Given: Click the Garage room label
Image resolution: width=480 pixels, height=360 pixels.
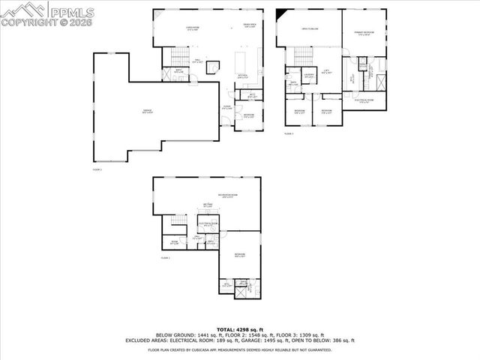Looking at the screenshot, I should coord(148,111).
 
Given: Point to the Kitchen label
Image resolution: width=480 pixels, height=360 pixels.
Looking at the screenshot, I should coord(242,76).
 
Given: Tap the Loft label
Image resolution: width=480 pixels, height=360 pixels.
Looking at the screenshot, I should coord(326,70).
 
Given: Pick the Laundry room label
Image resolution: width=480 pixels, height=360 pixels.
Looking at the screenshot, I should coord(308,75).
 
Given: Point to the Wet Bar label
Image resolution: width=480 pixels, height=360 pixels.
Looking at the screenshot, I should coord(208,205).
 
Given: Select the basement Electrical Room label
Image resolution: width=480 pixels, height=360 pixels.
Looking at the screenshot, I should coord(208,223).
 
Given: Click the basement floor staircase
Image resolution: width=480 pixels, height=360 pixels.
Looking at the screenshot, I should coord(178,223).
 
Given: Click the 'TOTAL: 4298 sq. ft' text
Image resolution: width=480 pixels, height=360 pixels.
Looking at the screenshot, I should coord(239,329).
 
